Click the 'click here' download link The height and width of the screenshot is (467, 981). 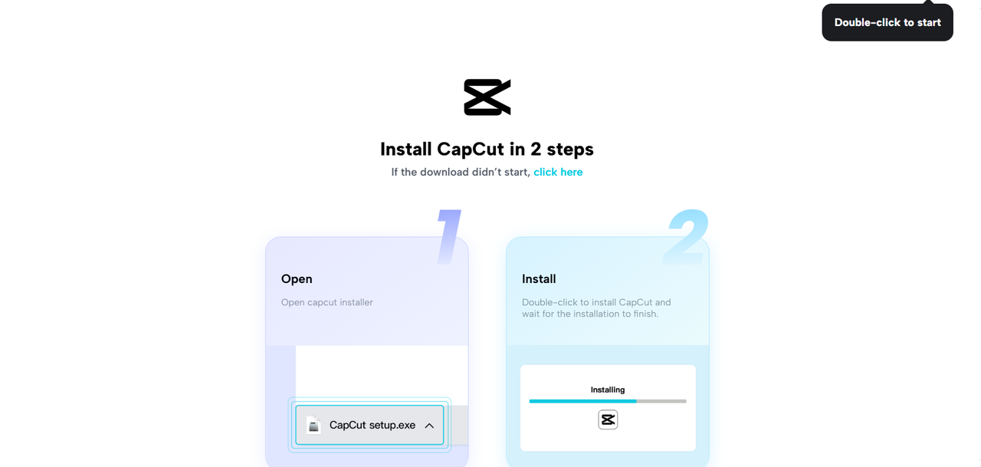click(x=558, y=172)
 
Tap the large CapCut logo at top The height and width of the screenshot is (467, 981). click(x=487, y=97)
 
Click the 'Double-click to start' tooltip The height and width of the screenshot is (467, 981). click(x=887, y=22)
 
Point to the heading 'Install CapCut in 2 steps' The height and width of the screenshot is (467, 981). click(x=487, y=148)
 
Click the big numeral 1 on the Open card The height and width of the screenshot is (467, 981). click(x=449, y=237)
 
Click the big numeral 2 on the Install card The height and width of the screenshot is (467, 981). click(x=687, y=237)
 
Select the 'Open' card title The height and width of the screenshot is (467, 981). click(x=297, y=279)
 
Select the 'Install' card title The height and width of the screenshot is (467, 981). click(x=539, y=279)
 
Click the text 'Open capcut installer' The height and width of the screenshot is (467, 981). click(x=327, y=302)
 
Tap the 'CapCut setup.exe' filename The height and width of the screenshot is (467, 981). click(x=372, y=425)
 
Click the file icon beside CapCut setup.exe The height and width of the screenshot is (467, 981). click(x=313, y=425)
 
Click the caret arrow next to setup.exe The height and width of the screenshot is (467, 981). click(x=429, y=426)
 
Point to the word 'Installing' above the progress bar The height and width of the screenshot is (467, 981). click(x=608, y=390)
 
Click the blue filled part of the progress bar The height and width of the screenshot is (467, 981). click(x=582, y=401)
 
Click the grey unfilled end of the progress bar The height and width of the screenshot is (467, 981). click(x=662, y=401)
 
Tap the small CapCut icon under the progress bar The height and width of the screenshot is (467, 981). click(x=608, y=419)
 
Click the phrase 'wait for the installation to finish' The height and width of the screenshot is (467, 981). click(x=590, y=314)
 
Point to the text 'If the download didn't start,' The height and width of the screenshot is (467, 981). click(x=461, y=172)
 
